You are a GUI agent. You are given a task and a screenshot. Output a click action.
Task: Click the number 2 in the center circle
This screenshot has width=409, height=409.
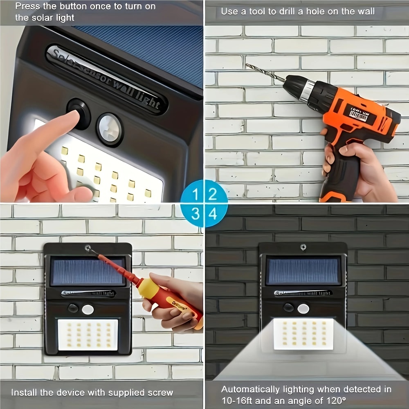(x=213, y=194)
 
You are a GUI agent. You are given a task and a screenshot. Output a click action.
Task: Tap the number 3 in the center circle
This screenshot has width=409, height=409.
(x=196, y=213)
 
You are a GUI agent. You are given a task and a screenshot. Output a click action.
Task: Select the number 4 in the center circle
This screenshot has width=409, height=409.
(x=213, y=213)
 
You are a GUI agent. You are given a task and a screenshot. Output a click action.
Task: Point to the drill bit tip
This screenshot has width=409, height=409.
(x=247, y=65)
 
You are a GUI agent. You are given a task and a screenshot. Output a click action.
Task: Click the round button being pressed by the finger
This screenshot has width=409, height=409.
(x=80, y=113)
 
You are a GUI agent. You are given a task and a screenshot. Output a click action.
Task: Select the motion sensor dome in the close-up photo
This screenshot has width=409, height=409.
(x=109, y=129)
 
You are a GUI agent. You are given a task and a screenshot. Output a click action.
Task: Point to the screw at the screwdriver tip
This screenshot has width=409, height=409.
(x=88, y=248)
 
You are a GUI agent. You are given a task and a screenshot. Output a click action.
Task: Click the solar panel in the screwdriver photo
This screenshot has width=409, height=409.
(x=88, y=271)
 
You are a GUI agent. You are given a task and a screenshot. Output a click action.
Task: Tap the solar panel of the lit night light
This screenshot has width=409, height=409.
(x=303, y=270)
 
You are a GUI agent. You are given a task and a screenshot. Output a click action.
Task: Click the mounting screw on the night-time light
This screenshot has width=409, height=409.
(x=303, y=247)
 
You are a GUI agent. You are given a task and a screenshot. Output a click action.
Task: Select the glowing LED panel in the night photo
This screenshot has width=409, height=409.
(x=303, y=334)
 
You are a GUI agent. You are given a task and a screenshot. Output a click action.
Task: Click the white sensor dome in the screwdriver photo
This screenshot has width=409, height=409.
(x=88, y=309)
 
